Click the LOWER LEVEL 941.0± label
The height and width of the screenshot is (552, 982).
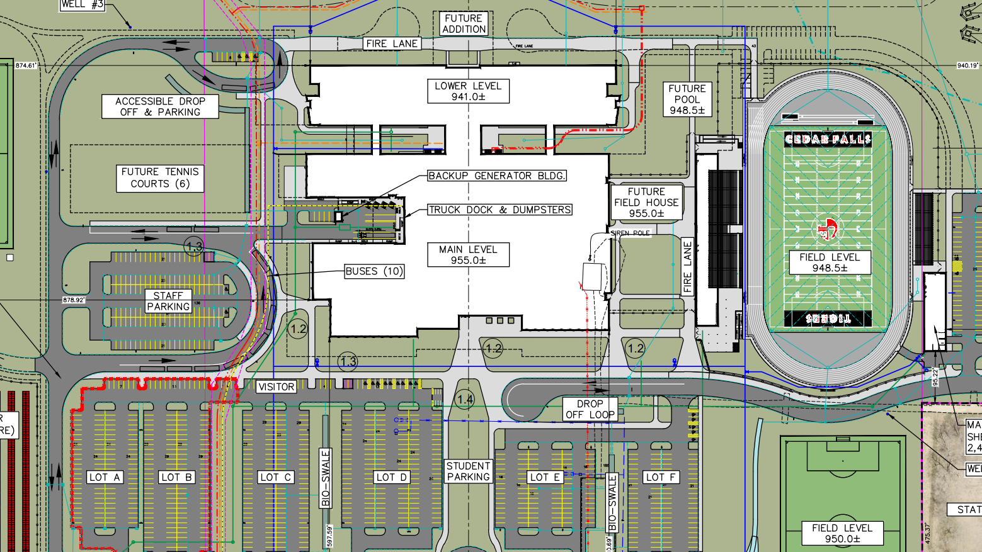point(468,91)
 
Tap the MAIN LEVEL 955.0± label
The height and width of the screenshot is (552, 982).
point(468,255)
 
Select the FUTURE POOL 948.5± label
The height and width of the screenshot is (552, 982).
point(687,99)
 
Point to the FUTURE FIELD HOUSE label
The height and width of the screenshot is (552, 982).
point(646,203)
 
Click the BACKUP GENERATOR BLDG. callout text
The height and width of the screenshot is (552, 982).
point(496,176)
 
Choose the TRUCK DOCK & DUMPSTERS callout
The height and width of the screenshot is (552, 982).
point(500,210)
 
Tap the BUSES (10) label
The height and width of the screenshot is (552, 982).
point(374,271)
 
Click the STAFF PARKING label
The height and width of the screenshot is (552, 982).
point(168,301)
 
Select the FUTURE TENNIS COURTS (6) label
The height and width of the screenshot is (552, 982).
point(160,178)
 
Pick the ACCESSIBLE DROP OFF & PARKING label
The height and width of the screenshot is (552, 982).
point(160,106)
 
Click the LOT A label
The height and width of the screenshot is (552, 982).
point(105,477)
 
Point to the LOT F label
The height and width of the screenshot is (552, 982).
point(661,477)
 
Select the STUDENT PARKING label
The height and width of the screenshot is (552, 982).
point(468,471)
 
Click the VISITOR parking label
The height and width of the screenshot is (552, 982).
point(276,386)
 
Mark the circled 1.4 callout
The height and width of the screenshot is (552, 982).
point(465,399)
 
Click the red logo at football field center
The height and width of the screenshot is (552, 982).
point(827,229)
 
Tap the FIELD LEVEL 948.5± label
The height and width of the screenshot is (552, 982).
point(830,262)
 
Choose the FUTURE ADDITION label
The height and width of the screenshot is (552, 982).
point(464,24)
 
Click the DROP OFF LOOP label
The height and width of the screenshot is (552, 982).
point(590,409)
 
